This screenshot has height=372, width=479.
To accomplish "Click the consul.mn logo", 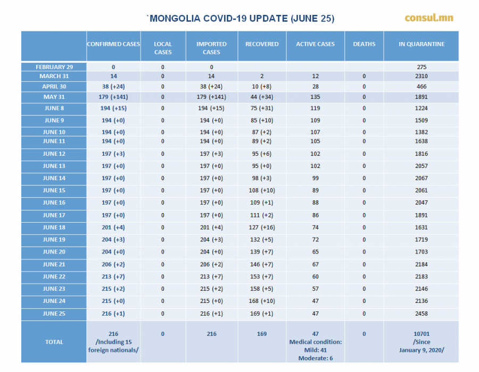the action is (x=429, y=18).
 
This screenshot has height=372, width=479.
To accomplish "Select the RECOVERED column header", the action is (x=262, y=44).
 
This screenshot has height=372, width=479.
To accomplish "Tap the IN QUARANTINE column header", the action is (x=422, y=44).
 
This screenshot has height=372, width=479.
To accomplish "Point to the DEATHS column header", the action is (x=364, y=44).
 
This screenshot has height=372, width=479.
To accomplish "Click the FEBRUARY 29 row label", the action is (x=54, y=67).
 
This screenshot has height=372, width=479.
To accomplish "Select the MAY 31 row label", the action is (x=54, y=97).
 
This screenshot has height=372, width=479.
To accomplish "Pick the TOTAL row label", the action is (x=54, y=342).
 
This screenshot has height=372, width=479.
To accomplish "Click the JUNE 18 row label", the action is (x=54, y=227).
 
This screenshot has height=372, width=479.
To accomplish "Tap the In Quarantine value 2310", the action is (x=422, y=76).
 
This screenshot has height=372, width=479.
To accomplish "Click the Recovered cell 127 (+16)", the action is (x=262, y=227).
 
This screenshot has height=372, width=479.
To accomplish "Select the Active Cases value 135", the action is (x=315, y=97).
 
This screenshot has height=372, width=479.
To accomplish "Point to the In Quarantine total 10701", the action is (x=422, y=334).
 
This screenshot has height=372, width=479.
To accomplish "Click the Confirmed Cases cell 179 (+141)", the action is (x=113, y=97).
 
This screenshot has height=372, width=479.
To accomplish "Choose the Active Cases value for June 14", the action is (x=315, y=178).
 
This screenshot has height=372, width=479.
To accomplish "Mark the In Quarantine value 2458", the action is (x=422, y=314).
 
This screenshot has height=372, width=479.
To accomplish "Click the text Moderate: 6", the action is (x=315, y=358).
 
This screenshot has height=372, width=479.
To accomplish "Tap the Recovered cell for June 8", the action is (x=262, y=108).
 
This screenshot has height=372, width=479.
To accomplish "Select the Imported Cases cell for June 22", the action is (x=211, y=276).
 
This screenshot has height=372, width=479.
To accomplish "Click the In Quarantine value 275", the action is (x=422, y=67).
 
